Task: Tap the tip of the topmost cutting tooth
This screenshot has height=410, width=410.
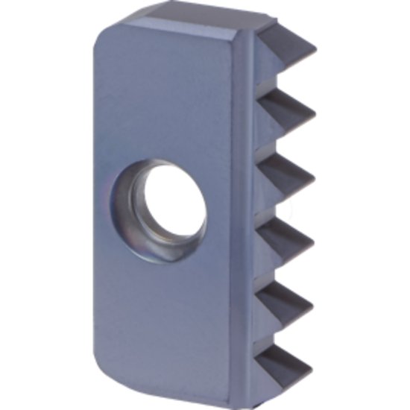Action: point(315,53)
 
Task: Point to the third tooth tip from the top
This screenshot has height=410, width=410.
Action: point(315,177)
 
